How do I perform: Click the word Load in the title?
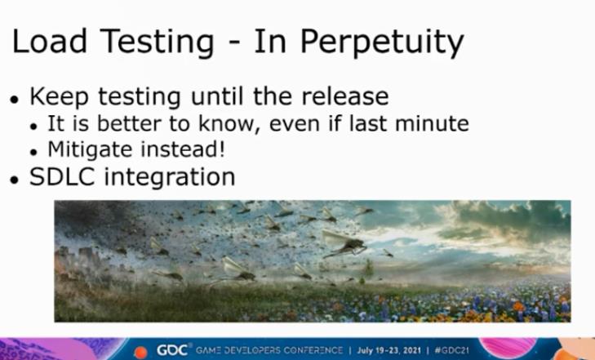click(x=50, y=41)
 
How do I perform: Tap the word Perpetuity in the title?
click(x=382, y=43)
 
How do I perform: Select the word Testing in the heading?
click(x=158, y=43)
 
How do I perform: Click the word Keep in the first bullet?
click(x=59, y=97)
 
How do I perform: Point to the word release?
click(x=345, y=96)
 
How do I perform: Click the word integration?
click(x=170, y=178)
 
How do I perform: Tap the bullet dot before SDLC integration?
click(x=15, y=180)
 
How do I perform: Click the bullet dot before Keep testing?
click(x=15, y=100)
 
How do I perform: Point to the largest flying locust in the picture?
click(x=344, y=242)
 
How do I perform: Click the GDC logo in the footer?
click(x=173, y=349)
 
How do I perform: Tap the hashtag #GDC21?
click(x=452, y=349)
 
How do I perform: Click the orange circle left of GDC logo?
click(x=140, y=353)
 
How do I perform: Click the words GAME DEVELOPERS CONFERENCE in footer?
click(x=269, y=349)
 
